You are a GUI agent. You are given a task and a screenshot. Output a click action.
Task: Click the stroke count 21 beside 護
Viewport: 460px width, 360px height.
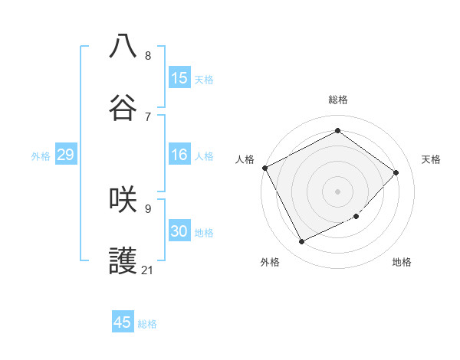pos(148,270)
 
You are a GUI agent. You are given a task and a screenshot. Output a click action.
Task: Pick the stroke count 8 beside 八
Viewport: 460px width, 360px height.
pos(148,55)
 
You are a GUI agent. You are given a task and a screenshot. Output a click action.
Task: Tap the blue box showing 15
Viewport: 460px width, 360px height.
pos(179,78)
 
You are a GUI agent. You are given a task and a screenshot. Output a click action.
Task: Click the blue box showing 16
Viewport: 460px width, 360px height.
pos(179,155)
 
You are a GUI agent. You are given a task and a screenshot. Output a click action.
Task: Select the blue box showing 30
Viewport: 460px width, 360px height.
pos(179,231)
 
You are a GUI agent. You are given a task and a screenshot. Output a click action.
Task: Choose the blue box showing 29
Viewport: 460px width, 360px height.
pos(65,155)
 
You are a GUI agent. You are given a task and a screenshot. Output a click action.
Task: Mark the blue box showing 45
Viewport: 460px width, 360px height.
pos(123,322)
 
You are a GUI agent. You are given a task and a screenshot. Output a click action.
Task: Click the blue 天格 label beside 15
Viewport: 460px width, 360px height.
pos(204,80)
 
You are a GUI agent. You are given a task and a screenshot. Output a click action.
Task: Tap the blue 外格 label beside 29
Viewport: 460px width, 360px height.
pos(41,156)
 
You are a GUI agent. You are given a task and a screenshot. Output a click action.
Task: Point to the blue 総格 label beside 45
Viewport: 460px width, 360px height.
pos(147,324)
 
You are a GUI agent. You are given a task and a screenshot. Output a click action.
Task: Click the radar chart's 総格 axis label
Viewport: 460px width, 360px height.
pos(338,100)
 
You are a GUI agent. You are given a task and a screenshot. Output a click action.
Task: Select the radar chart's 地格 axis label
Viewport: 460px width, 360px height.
pos(402,262)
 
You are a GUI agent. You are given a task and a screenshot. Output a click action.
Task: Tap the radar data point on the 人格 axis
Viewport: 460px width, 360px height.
pos(264,168)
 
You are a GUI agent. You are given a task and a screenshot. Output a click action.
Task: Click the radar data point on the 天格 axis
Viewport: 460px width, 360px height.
pos(396,172)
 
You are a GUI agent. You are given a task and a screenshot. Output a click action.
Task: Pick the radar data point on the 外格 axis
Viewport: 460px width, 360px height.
pos(301,242)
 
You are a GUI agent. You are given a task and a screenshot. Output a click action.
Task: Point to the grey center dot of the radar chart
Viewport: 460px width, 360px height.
pos(338,191)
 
